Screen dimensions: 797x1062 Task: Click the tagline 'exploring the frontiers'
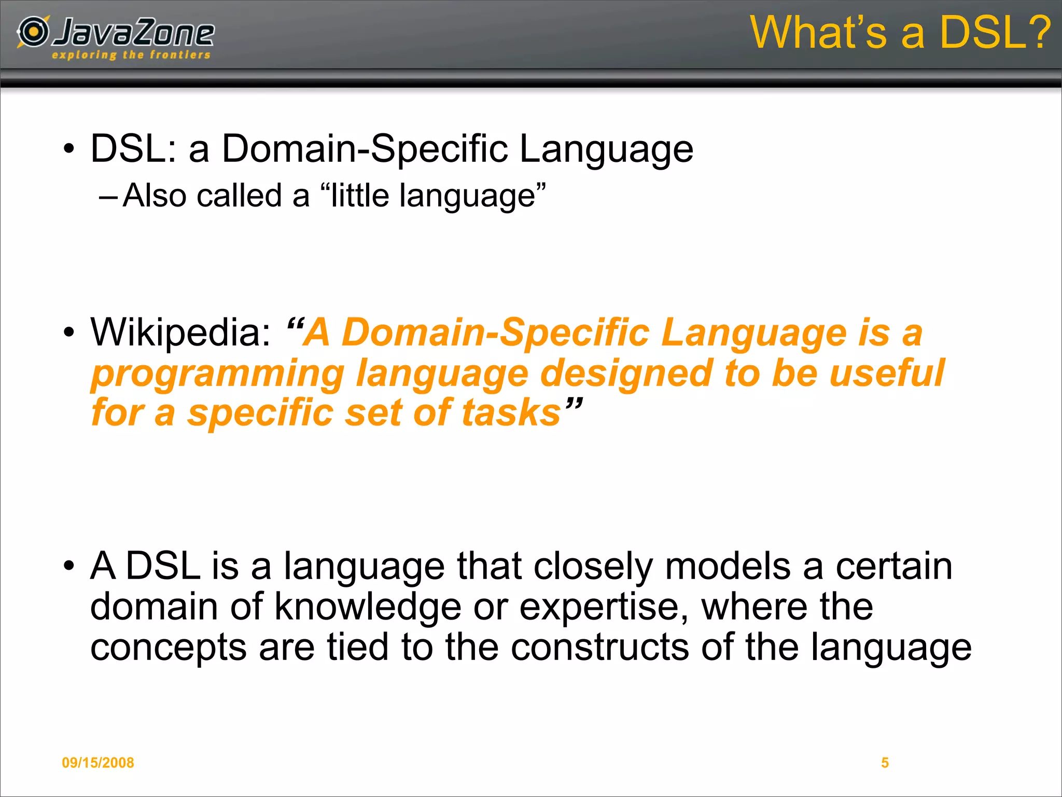pyautogui.click(x=131, y=55)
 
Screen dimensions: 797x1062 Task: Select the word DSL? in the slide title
pyautogui.click(x=994, y=32)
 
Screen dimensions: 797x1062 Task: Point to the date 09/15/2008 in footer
pyautogui.click(x=97, y=762)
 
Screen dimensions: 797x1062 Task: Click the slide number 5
pyautogui.click(x=885, y=762)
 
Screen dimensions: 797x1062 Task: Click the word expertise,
pyautogui.click(x=604, y=607)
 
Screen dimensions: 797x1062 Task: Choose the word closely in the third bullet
pyautogui.click(x=593, y=567)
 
